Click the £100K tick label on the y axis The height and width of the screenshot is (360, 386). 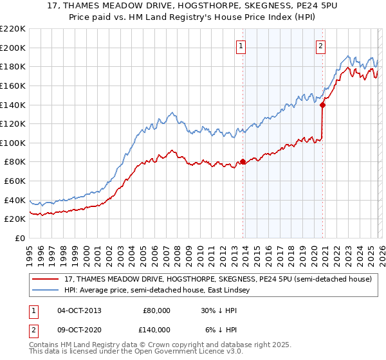click(x=13, y=143)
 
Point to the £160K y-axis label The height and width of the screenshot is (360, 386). click(x=13, y=85)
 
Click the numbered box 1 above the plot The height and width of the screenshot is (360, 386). click(x=241, y=46)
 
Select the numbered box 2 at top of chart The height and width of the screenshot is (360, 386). click(x=320, y=46)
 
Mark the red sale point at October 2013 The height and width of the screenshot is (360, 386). click(x=243, y=162)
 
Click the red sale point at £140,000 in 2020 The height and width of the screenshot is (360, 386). click(x=322, y=105)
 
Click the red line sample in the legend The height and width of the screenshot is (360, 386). click(x=46, y=280)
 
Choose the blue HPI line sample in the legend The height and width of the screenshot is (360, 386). click(x=46, y=290)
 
